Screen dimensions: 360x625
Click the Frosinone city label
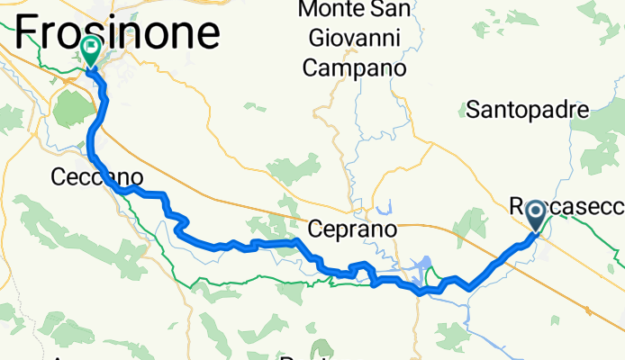click(x=117, y=32)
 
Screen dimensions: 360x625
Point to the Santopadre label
click(x=527, y=110)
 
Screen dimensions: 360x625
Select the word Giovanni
click(x=352, y=39)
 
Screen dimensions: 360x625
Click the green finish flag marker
click(x=91, y=50)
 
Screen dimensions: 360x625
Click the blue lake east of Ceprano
click(x=420, y=266)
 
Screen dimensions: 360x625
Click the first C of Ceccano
click(x=59, y=177)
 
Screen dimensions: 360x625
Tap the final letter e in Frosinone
click(x=207, y=34)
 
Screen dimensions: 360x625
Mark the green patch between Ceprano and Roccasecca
click(x=468, y=223)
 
